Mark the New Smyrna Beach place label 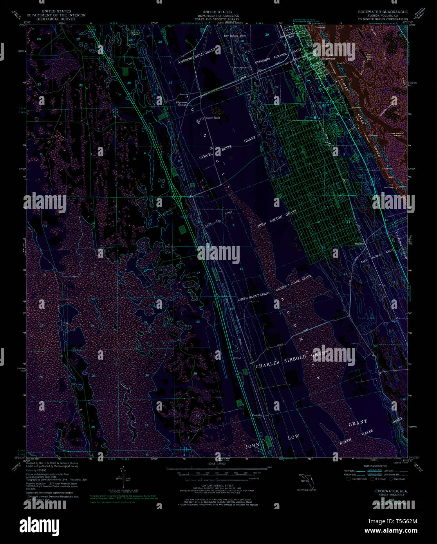pyautogui.click(x=235, y=36)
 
